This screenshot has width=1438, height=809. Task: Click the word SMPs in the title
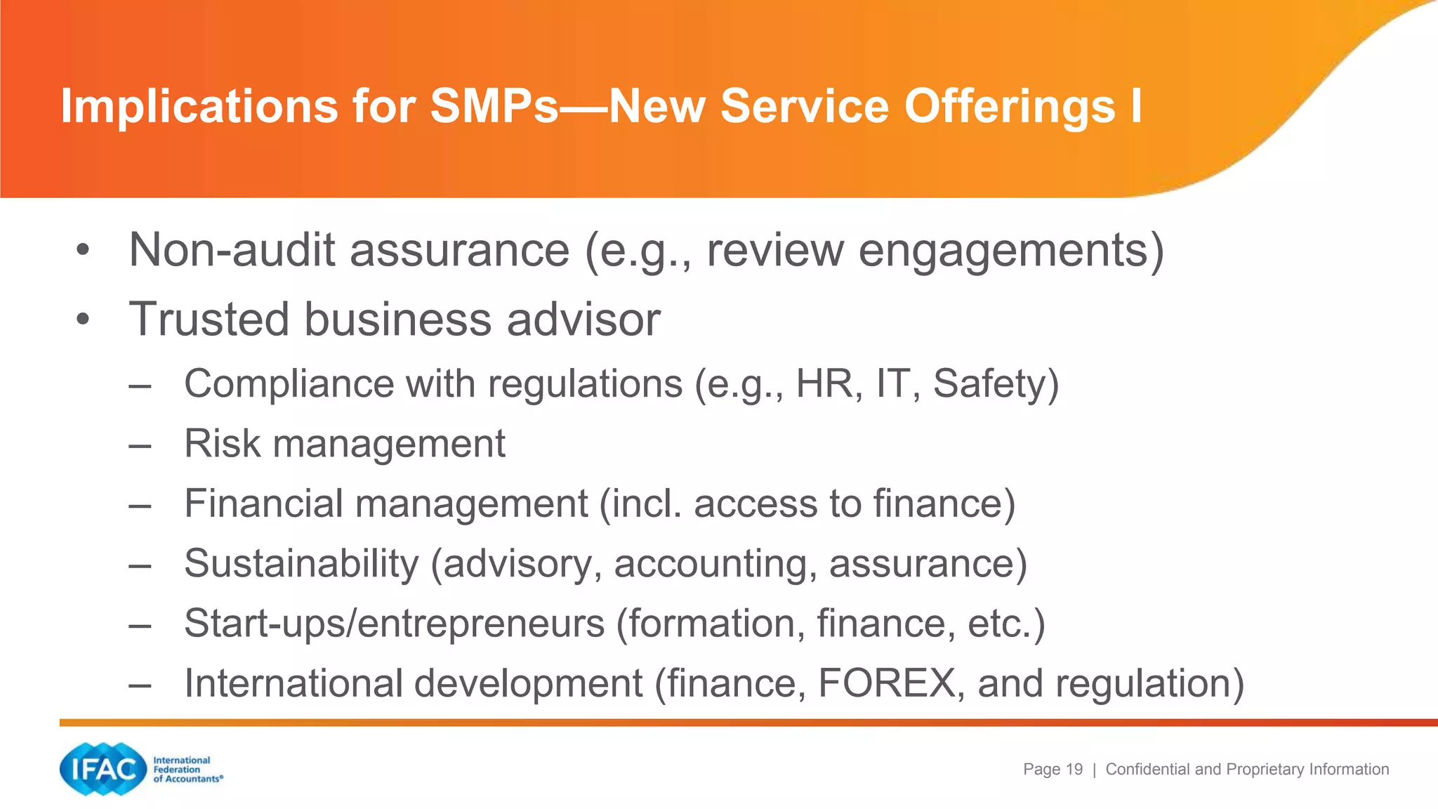pos(494,107)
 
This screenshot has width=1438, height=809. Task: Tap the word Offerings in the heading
pos(1009,107)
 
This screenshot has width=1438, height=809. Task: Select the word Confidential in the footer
pos(1148,770)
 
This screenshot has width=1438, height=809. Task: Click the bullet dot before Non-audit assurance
pos(84,251)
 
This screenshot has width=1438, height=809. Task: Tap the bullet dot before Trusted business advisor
pos(84,320)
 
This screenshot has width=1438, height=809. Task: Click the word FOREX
pos(887,683)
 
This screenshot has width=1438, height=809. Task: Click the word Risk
pos(223,444)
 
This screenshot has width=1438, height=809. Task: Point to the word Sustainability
pos(301,563)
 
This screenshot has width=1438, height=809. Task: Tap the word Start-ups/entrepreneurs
pos(394,624)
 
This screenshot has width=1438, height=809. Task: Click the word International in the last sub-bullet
pos(293,683)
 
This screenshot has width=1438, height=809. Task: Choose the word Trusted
pos(209,320)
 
